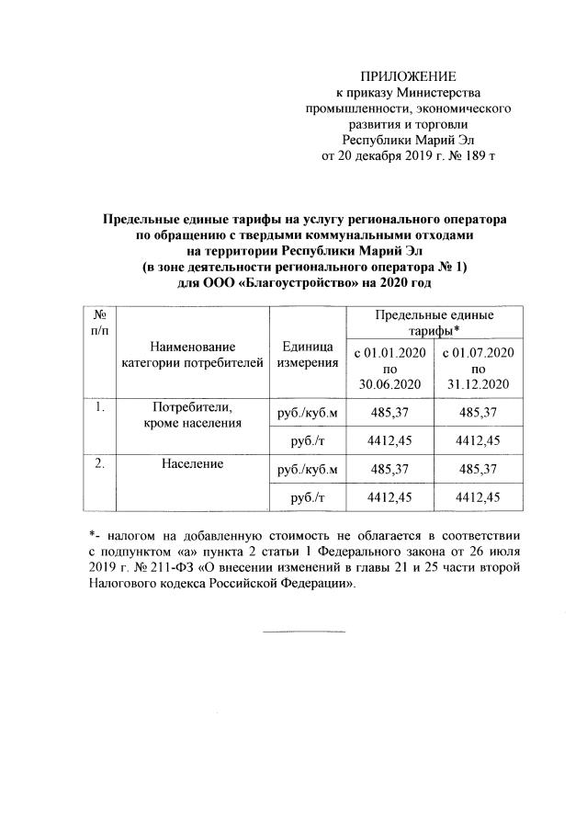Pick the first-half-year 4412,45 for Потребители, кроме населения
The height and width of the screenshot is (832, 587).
[x=388, y=440]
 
